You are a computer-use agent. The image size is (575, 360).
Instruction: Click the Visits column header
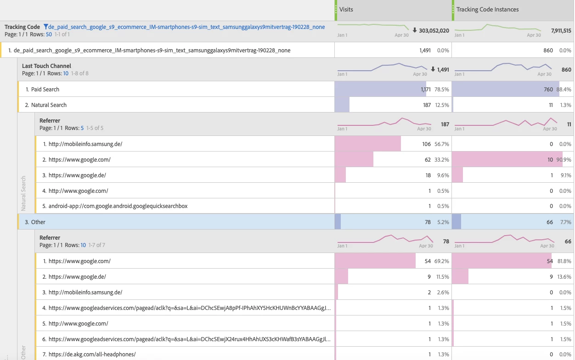(346, 9)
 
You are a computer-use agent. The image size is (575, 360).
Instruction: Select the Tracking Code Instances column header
(487, 9)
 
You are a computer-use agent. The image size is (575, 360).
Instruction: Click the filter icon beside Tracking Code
(46, 27)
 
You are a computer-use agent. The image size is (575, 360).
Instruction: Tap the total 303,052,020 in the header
(434, 30)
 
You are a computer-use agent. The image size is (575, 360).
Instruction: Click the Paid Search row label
(45, 89)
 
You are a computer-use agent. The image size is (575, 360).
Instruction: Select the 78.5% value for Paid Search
(442, 89)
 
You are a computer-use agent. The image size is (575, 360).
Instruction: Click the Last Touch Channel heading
(46, 66)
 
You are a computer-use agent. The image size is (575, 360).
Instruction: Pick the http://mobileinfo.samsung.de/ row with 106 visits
(85, 144)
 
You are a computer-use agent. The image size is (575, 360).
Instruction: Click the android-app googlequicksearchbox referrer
(118, 206)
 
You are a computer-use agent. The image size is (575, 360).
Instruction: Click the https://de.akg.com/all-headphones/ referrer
(92, 354)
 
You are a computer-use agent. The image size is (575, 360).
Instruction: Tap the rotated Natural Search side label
(23, 193)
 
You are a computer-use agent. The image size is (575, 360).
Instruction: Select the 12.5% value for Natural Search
(442, 105)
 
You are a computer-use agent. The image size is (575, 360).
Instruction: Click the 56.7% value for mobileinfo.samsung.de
(442, 144)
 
